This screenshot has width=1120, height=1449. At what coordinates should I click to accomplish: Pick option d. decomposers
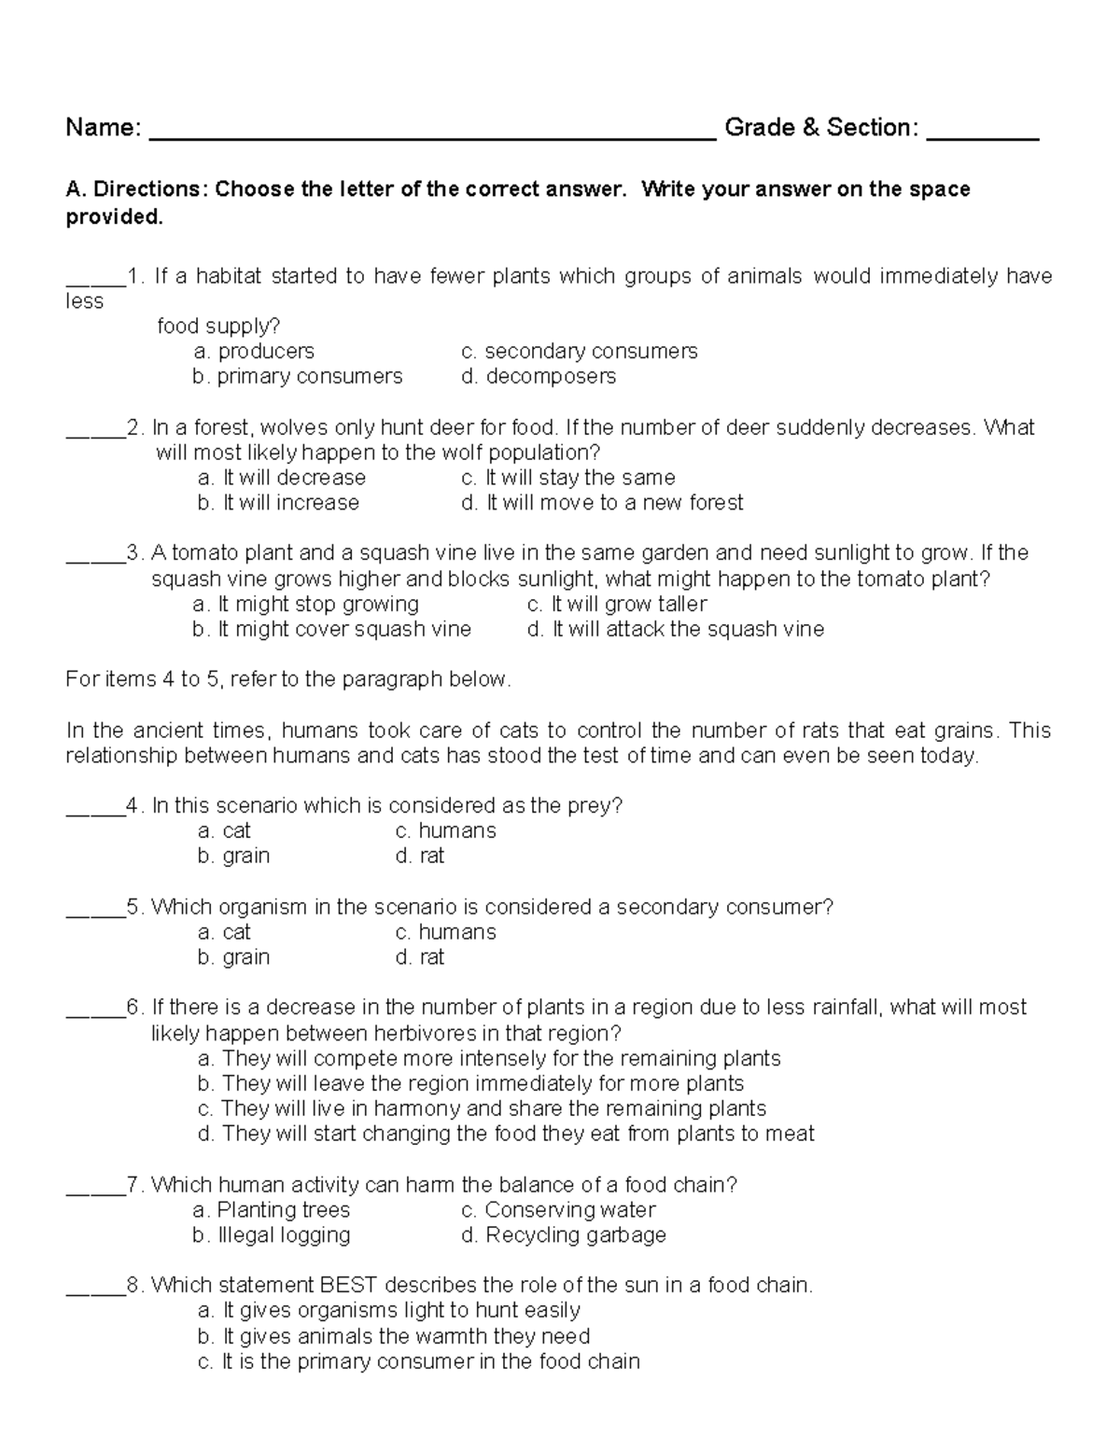click(x=539, y=376)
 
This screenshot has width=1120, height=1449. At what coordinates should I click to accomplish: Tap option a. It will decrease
click(x=282, y=478)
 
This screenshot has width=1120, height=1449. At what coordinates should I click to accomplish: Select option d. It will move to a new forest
click(x=602, y=503)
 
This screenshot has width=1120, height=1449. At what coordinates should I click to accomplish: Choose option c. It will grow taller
click(x=617, y=604)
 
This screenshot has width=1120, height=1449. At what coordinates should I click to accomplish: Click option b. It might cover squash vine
click(x=331, y=630)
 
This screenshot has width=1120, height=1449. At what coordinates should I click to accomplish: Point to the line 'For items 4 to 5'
click(x=288, y=679)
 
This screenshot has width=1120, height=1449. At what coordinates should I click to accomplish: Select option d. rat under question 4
click(x=420, y=856)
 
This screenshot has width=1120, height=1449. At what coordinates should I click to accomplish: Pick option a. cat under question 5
click(x=224, y=932)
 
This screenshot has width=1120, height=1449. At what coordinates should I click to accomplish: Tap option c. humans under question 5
click(x=445, y=932)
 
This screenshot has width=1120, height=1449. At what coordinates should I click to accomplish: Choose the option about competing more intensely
click(x=489, y=1058)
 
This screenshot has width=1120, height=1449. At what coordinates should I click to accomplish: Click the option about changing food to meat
click(x=506, y=1134)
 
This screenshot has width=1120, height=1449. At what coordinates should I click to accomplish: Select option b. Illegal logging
click(x=272, y=1235)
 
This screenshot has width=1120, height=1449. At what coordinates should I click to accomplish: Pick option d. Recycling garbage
click(x=564, y=1235)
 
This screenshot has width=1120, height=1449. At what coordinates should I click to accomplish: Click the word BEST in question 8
click(x=349, y=1286)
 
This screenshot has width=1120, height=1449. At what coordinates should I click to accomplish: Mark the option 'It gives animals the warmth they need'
click(x=394, y=1336)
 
